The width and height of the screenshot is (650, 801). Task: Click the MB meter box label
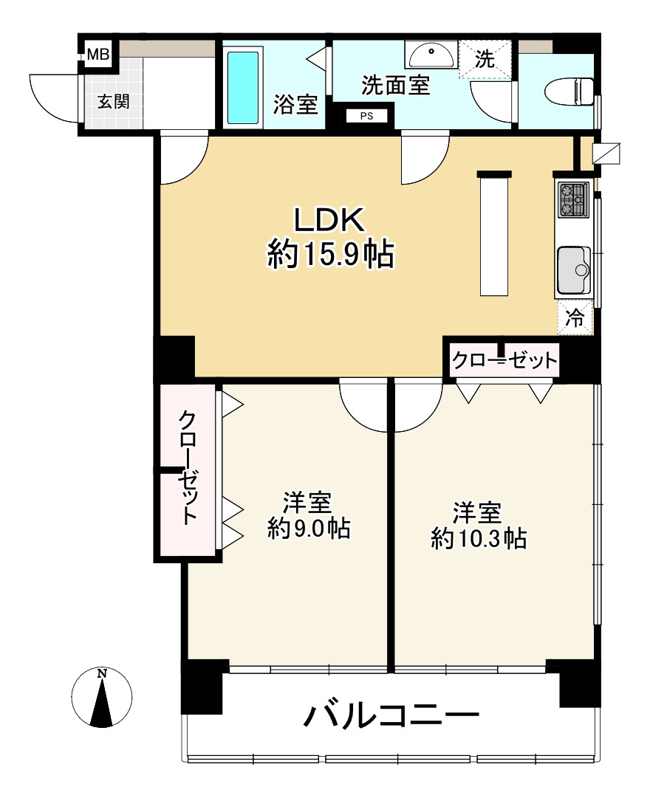[x=98, y=54]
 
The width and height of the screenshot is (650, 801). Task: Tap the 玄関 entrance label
[x=114, y=102]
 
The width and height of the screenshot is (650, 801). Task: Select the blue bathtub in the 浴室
[x=242, y=87]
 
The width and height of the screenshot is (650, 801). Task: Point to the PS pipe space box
[x=366, y=116]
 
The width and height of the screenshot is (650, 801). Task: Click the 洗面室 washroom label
[x=395, y=85]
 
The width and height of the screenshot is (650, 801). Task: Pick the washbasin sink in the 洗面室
[x=431, y=55]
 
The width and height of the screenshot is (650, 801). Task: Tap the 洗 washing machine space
[x=485, y=59]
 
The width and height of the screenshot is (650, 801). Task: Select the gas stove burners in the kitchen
[x=573, y=200]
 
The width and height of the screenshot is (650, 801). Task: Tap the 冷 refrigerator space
[x=575, y=318]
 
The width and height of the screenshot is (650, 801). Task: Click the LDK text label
[x=329, y=221]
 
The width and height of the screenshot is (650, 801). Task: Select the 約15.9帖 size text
[x=331, y=255]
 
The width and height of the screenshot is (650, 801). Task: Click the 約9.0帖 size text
[x=309, y=529]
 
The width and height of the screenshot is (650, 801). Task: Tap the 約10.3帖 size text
[x=479, y=538]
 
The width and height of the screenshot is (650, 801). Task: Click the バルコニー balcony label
[x=392, y=715]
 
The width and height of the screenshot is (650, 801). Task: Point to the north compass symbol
[x=102, y=697]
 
